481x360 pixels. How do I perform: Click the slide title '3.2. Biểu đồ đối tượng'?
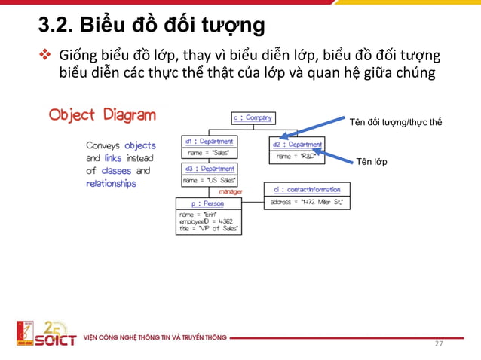(x=152, y=25)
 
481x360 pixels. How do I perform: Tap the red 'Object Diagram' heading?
(x=103, y=115)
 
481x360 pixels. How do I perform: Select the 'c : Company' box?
(x=253, y=118)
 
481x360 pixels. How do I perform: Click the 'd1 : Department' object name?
(x=209, y=141)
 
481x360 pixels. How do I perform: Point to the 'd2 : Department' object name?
(x=297, y=144)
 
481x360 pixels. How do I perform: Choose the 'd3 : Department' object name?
(x=210, y=169)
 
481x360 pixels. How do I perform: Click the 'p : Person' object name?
(x=209, y=203)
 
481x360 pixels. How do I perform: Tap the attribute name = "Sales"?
(x=207, y=153)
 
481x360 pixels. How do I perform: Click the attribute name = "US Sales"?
(x=210, y=180)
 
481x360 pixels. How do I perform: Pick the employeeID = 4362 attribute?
(x=204, y=222)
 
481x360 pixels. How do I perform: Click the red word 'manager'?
(x=231, y=192)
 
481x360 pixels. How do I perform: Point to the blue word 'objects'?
(x=140, y=145)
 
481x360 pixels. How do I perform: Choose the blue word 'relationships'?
(x=111, y=183)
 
